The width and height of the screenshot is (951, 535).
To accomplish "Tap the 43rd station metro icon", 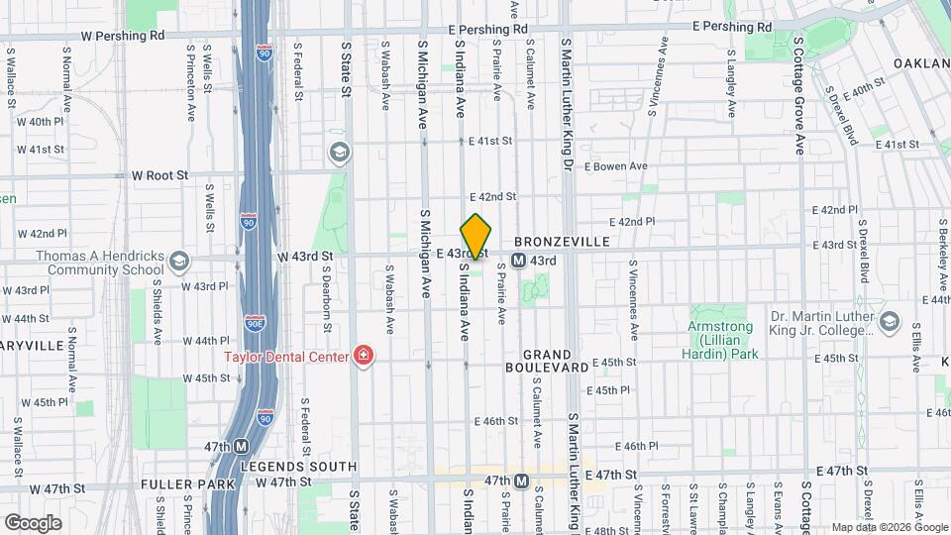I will (x=518, y=261).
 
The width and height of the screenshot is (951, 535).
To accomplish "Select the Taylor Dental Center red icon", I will (x=363, y=356).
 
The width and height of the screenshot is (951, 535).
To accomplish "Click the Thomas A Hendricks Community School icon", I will (x=178, y=262).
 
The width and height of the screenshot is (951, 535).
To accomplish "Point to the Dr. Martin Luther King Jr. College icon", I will (x=889, y=320).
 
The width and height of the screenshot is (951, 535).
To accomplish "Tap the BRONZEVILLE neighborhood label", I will (x=574, y=242).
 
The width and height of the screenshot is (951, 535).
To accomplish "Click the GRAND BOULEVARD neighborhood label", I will (x=548, y=361).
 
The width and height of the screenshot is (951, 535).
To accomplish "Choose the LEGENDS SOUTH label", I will (x=298, y=466).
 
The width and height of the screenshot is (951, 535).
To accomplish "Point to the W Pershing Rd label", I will (x=123, y=35).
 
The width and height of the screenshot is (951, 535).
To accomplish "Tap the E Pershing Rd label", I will (x=487, y=30).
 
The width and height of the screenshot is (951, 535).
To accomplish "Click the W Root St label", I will (x=159, y=175).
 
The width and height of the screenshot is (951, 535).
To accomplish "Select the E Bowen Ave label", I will (x=614, y=165).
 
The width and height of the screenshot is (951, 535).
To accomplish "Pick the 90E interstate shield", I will (x=255, y=322).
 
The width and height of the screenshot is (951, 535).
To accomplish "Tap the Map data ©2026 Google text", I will (x=888, y=527).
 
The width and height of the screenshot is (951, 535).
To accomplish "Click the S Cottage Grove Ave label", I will (x=797, y=99).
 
